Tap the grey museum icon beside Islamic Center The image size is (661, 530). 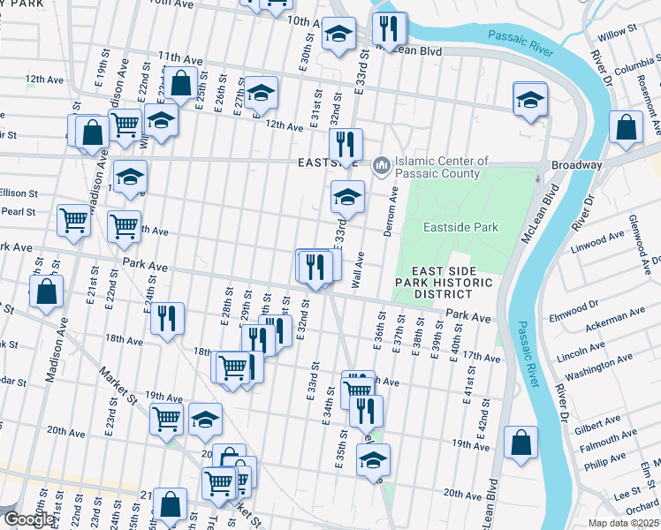(382, 165)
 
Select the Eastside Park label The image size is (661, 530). (460, 227)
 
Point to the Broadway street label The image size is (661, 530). (576, 165)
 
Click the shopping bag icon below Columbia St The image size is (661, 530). (626, 128)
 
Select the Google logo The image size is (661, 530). (29, 519)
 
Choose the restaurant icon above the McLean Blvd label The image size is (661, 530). (389, 29)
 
